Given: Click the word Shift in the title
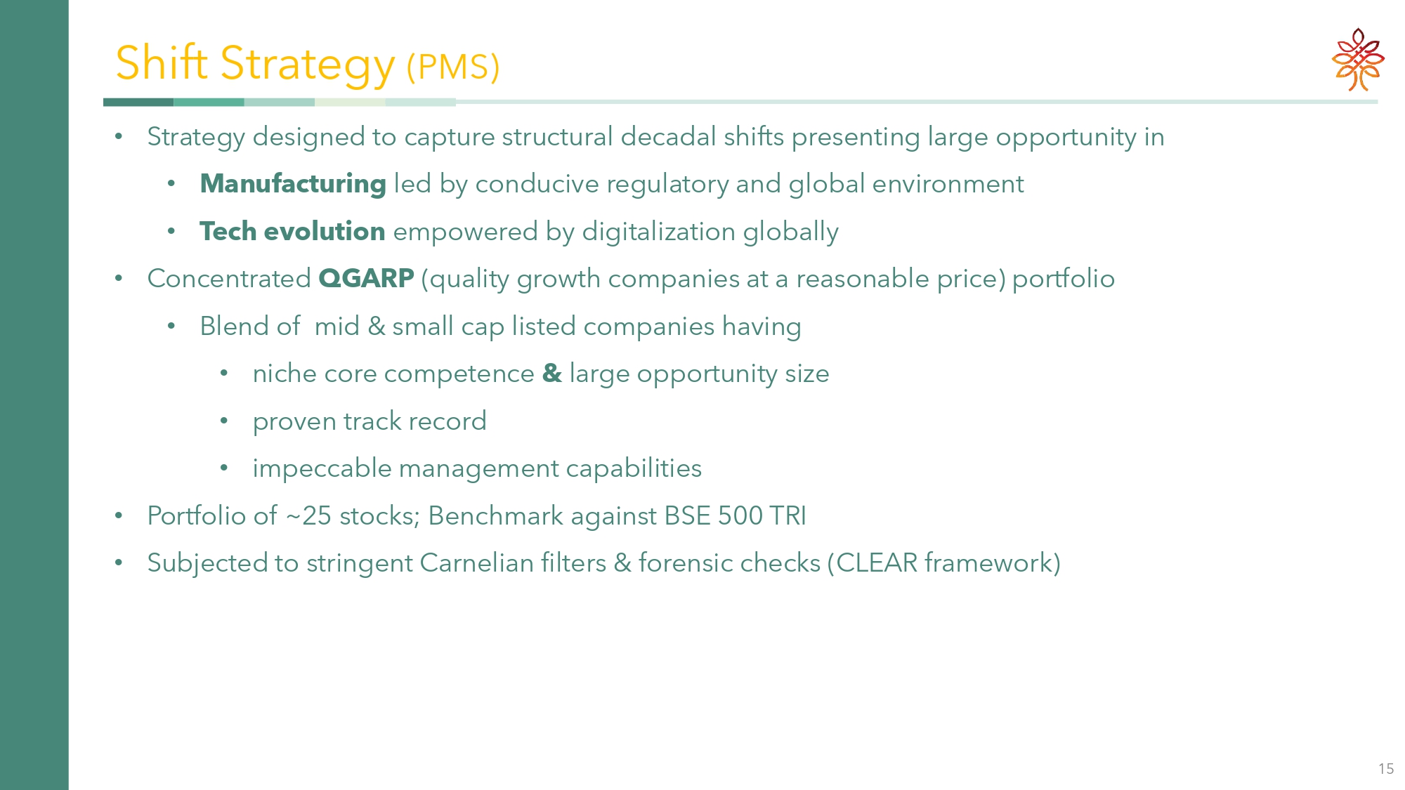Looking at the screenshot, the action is pyautogui.click(x=162, y=62).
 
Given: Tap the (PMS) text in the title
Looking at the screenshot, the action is pyautogui.click(x=453, y=67).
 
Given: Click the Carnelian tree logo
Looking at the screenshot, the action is pyautogui.click(x=1358, y=60).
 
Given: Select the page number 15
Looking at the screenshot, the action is pyautogui.click(x=1386, y=769).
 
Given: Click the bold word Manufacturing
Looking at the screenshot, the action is pyautogui.click(x=293, y=184).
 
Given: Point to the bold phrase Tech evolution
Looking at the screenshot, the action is pyautogui.click(x=292, y=231).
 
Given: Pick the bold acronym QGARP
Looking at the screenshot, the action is pyautogui.click(x=366, y=279).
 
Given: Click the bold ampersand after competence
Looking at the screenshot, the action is pyautogui.click(x=552, y=374).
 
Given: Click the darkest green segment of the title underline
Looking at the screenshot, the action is pyautogui.click(x=138, y=103).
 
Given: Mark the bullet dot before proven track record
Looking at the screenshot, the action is pyautogui.click(x=224, y=421).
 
